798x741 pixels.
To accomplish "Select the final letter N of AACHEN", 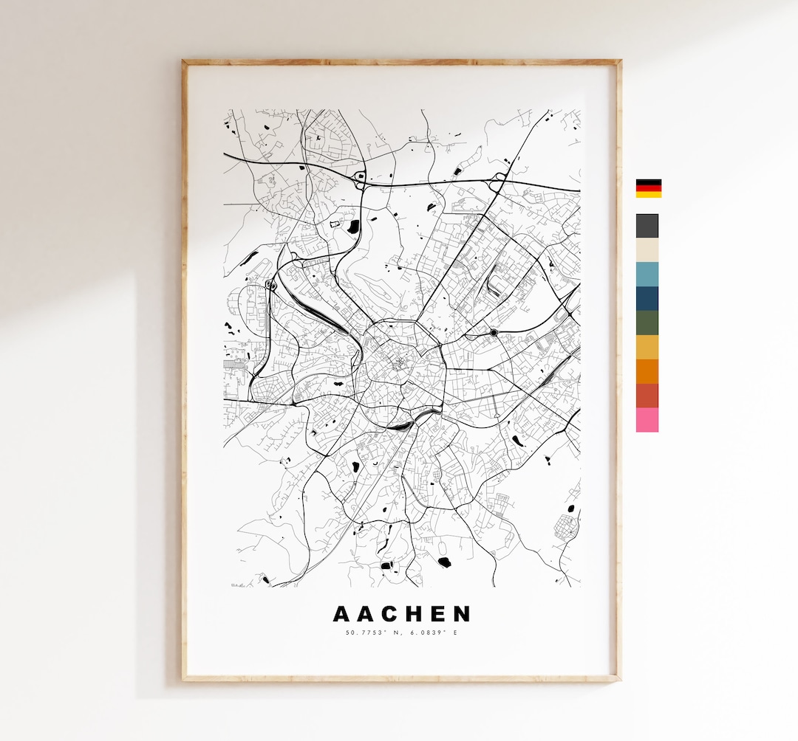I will coord(462,614).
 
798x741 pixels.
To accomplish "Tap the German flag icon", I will coord(649,188).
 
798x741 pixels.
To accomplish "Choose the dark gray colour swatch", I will coord(647,226).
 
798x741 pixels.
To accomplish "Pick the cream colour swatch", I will coord(647,250).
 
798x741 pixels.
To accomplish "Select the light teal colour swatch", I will coord(647,275).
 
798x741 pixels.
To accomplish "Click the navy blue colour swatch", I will coord(647,299).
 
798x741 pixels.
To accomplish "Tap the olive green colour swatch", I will coord(647,323).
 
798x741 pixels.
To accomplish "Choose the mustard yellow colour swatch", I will coord(647,347).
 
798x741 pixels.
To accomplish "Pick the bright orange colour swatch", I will coord(647,371).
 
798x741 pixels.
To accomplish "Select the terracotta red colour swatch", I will coord(647,396).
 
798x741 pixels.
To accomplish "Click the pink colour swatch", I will coord(647,420).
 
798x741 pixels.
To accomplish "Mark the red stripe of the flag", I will coord(649,188).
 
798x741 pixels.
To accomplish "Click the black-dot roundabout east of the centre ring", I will coord(494,333).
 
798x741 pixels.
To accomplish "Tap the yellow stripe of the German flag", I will coord(649,194).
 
